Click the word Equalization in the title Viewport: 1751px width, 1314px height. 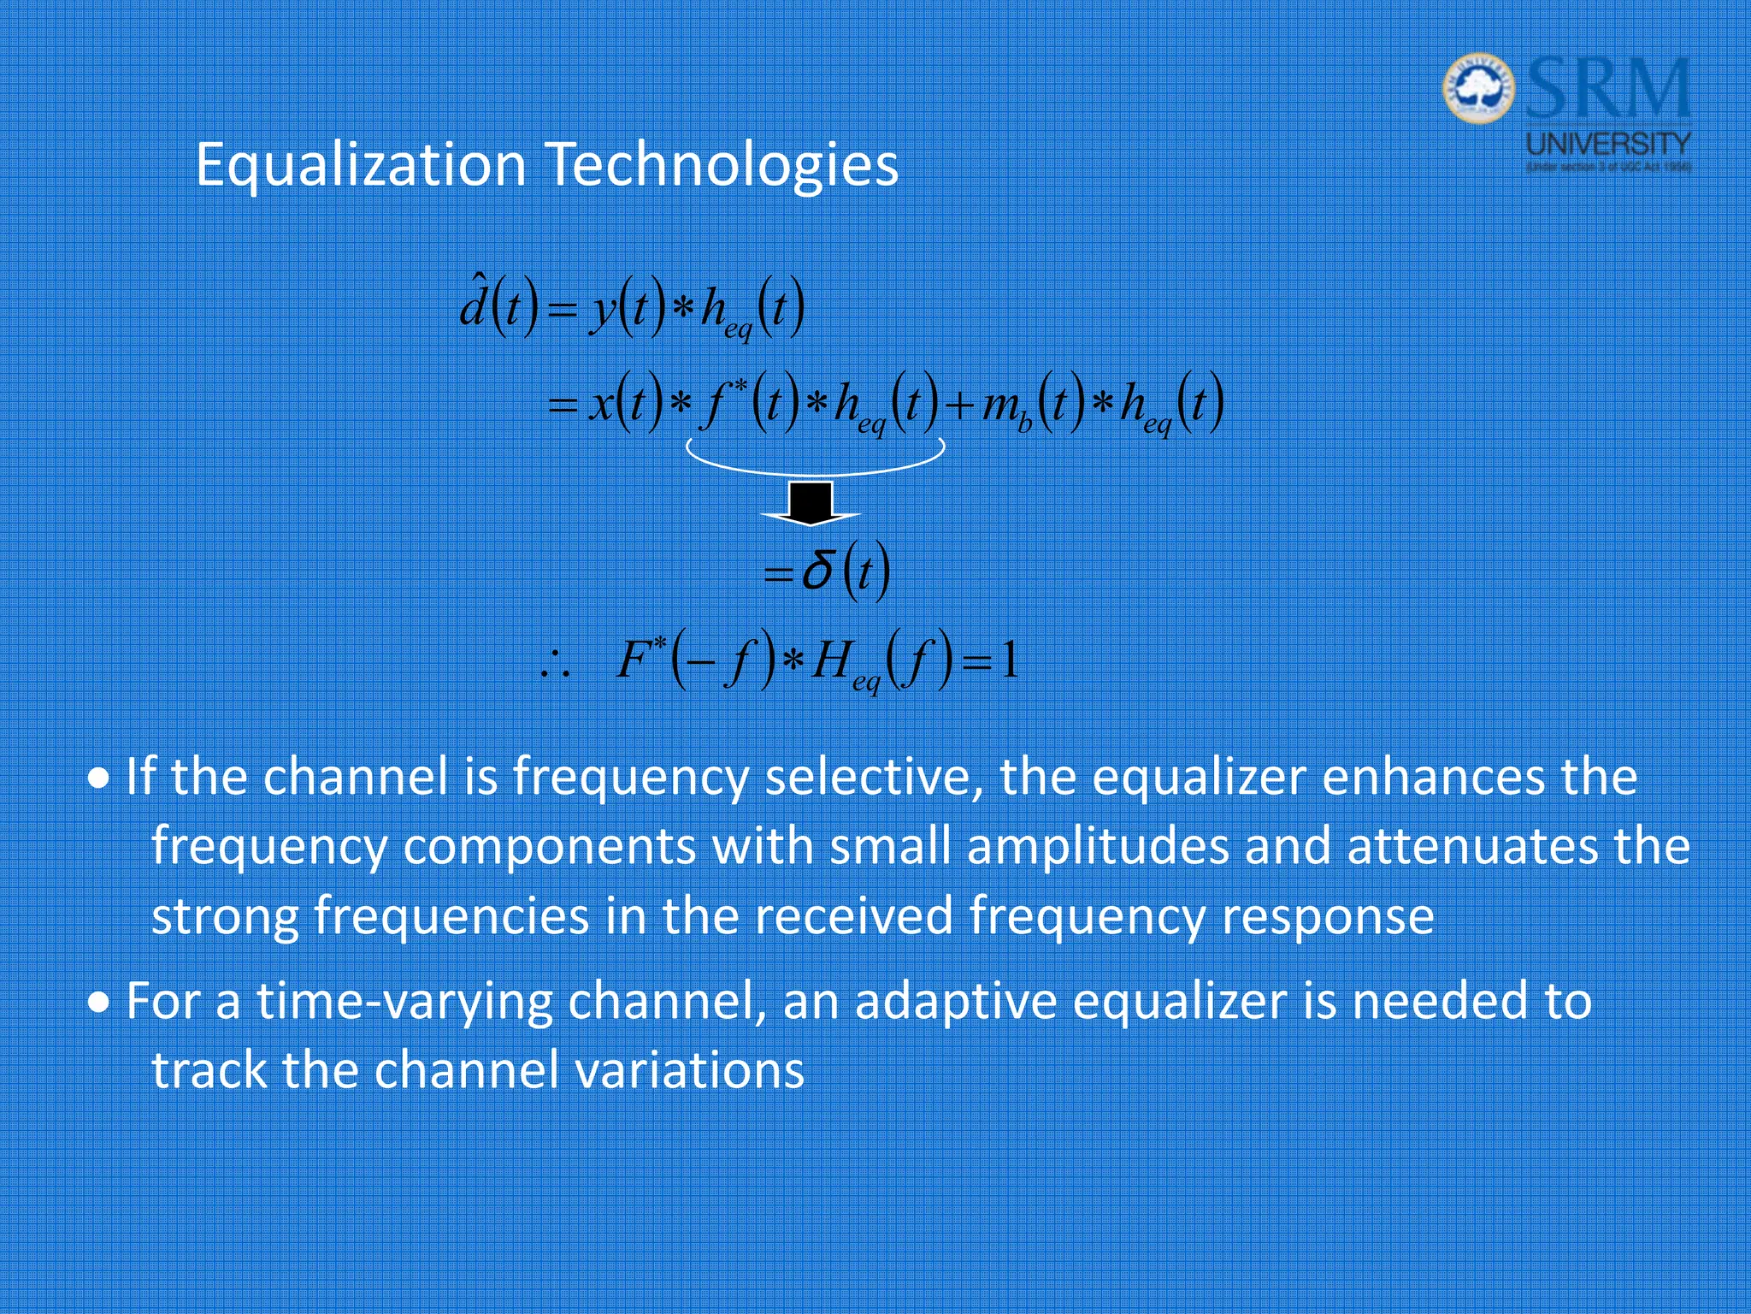(x=360, y=165)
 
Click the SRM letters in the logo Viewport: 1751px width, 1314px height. (x=1607, y=89)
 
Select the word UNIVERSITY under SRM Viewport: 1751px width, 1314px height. (x=1608, y=142)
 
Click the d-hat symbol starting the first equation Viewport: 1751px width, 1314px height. (x=474, y=304)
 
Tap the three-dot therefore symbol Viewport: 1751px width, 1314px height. (x=555, y=663)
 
